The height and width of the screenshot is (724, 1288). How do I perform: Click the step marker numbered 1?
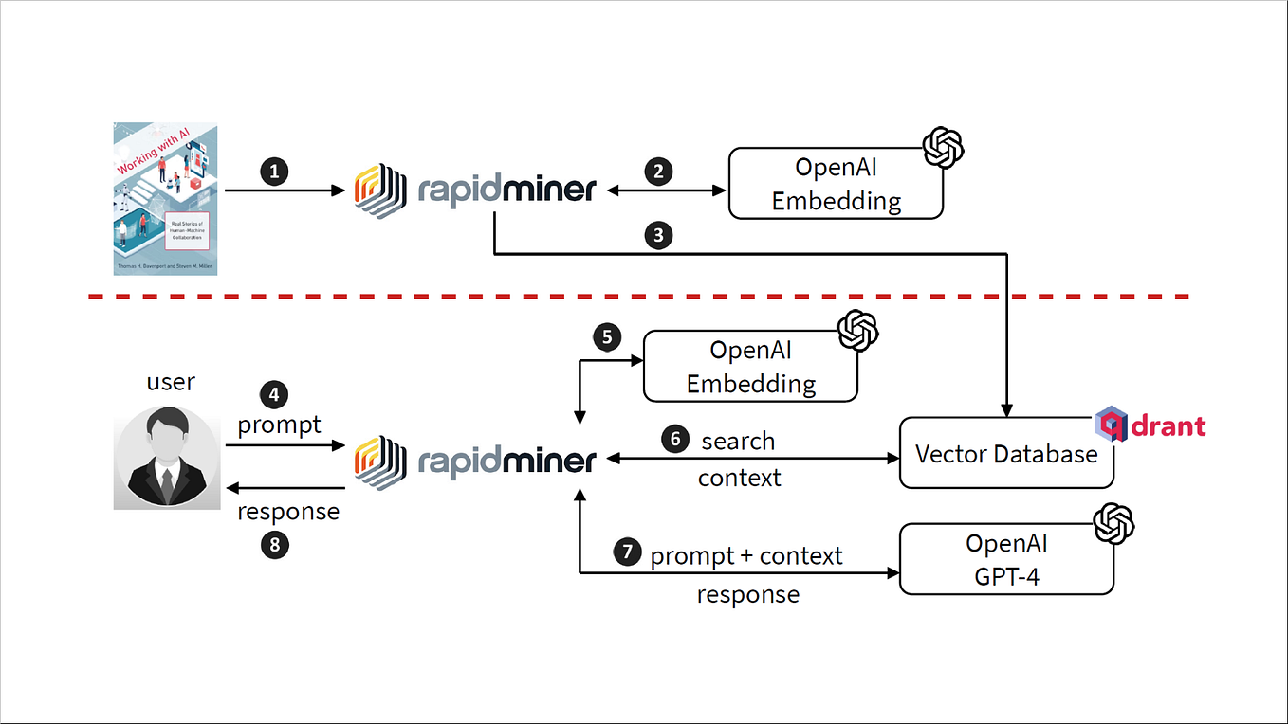pos(274,172)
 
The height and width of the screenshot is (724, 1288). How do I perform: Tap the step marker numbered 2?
pos(658,172)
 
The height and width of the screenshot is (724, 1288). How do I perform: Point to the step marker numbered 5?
pos(607,337)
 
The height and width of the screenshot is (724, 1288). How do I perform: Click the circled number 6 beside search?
pos(674,440)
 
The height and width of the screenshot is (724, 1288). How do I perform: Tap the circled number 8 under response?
pos(274,544)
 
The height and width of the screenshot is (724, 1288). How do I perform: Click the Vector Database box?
pos(1006,453)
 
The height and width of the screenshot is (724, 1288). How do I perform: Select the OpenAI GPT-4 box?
pos(1006,559)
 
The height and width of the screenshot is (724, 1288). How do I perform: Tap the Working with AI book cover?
pos(165,198)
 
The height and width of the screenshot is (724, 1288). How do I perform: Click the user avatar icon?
pos(167,458)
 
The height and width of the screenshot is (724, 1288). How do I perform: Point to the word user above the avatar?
pos(171,382)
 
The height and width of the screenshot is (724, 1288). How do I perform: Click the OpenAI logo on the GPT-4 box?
pos(1113,524)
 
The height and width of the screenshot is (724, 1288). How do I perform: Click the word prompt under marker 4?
pos(279,425)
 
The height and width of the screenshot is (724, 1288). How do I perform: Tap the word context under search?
pos(739,479)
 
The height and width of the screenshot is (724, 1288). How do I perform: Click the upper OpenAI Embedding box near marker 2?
pos(836,184)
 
